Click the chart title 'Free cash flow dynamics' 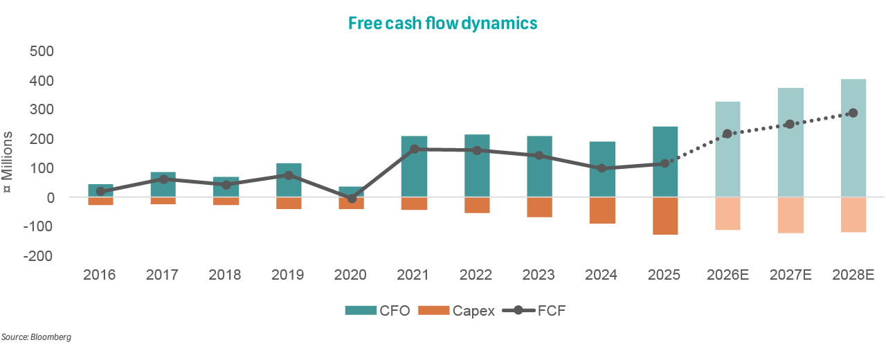tap(442, 23)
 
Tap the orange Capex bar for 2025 tap(664, 216)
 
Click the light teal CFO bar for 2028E tap(853, 138)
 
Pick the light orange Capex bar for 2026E tap(727, 213)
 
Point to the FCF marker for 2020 tap(352, 198)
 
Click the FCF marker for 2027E tap(790, 125)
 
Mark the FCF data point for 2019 tap(289, 175)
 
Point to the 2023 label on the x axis tap(539, 275)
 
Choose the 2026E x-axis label tap(727, 275)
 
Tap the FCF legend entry tap(540, 311)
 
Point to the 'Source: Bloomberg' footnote tap(37, 337)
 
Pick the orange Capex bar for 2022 tap(477, 205)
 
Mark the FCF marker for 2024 tap(602, 168)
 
